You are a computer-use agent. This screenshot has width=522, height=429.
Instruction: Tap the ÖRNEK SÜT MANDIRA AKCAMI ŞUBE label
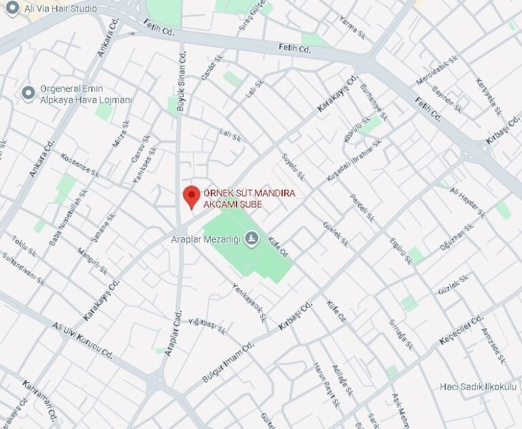point(241,199)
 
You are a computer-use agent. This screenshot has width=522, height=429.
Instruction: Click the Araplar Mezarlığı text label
point(205,239)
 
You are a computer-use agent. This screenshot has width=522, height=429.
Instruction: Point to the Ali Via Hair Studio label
point(60,9)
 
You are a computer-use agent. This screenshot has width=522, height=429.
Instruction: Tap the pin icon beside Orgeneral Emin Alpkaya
point(28,92)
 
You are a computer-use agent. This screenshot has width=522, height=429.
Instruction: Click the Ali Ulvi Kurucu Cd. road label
point(82,341)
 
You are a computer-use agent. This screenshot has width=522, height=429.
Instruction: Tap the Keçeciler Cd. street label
point(462,329)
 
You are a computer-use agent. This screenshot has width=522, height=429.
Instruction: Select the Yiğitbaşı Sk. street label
point(207,326)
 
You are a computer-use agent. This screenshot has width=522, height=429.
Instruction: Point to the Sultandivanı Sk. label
point(23,269)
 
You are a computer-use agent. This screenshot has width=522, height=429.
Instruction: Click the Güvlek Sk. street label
point(335,233)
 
